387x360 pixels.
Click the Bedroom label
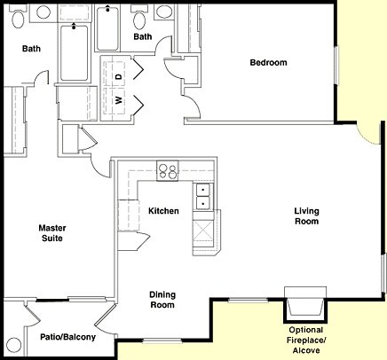(x=268, y=63)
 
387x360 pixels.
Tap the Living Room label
(x=306, y=216)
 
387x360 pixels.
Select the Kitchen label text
(x=163, y=211)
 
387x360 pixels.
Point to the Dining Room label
(x=162, y=300)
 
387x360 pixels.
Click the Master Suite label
(x=52, y=233)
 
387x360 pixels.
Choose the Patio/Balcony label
(x=68, y=337)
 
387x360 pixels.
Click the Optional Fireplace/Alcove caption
(x=306, y=340)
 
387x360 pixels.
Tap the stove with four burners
(x=168, y=170)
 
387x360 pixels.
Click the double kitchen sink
(x=203, y=196)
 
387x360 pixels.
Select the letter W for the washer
(x=119, y=100)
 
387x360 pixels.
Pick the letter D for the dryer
(x=119, y=76)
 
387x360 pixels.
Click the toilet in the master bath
(x=18, y=19)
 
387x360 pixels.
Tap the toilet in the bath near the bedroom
(x=140, y=19)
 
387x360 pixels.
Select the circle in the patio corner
(x=14, y=345)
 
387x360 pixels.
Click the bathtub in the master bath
(x=74, y=52)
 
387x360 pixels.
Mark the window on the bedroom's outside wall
(x=336, y=65)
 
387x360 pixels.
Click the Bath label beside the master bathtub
(x=31, y=49)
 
